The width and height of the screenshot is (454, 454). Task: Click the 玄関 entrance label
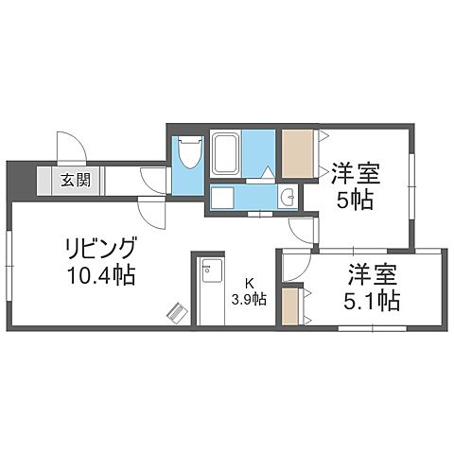tap(77, 180)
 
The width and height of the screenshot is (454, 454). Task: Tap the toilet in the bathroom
tap(189, 152)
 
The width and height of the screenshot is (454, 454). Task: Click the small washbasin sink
tap(288, 197)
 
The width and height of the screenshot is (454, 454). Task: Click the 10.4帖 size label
tap(100, 276)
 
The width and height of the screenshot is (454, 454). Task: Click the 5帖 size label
tap(355, 199)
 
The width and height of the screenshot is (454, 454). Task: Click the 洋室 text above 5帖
tap(355, 173)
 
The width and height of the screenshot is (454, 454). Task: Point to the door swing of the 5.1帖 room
tap(293, 270)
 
